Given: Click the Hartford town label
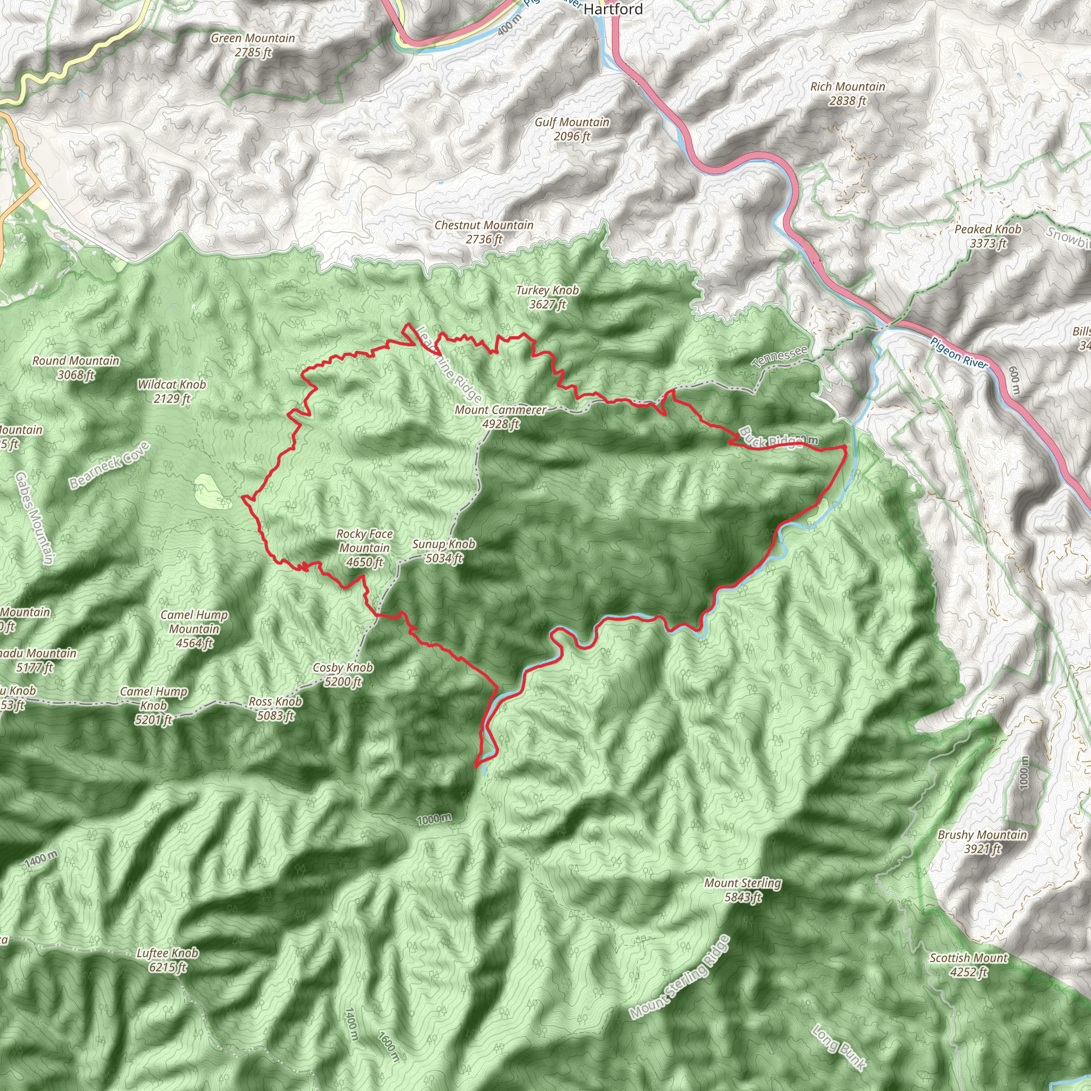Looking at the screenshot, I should pyautogui.click(x=613, y=9).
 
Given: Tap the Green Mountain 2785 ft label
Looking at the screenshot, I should pyautogui.click(x=253, y=45).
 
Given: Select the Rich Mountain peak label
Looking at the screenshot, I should pyautogui.click(x=847, y=94).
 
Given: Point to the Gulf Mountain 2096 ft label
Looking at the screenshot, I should pyautogui.click(x=572, y=129).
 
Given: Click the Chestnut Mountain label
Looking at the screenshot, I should pyautogui.click(x=484, y=232).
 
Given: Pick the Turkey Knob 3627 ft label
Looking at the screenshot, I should pyautogui.click(x=547, y=297).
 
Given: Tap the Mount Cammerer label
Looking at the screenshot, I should pyautogui.click(x=500, y=417).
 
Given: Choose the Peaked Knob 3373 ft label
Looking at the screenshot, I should pyautogui.click(x=988, y=236).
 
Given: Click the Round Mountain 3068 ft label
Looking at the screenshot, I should pyautogui.click(x=76, y=368).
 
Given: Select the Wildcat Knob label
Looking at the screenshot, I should pyautogui.click(x=172, y=392).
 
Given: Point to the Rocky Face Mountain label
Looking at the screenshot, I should pyautogui.click(x=364, y=548).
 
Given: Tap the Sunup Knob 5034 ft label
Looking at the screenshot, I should pyautogui.click(x=444, y=551).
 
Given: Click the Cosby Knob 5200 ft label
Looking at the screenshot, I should pyautogui.click(x=343, y=675).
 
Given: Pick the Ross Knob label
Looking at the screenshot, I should pyautogui.click(x=275, y=709).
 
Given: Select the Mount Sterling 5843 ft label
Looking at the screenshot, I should pyautogui.click(x=743, y=890).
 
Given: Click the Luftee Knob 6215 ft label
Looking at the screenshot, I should pyautogui.click(x=168, y=960).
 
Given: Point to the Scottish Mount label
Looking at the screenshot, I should pyautogui.click(x=968, y=965).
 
